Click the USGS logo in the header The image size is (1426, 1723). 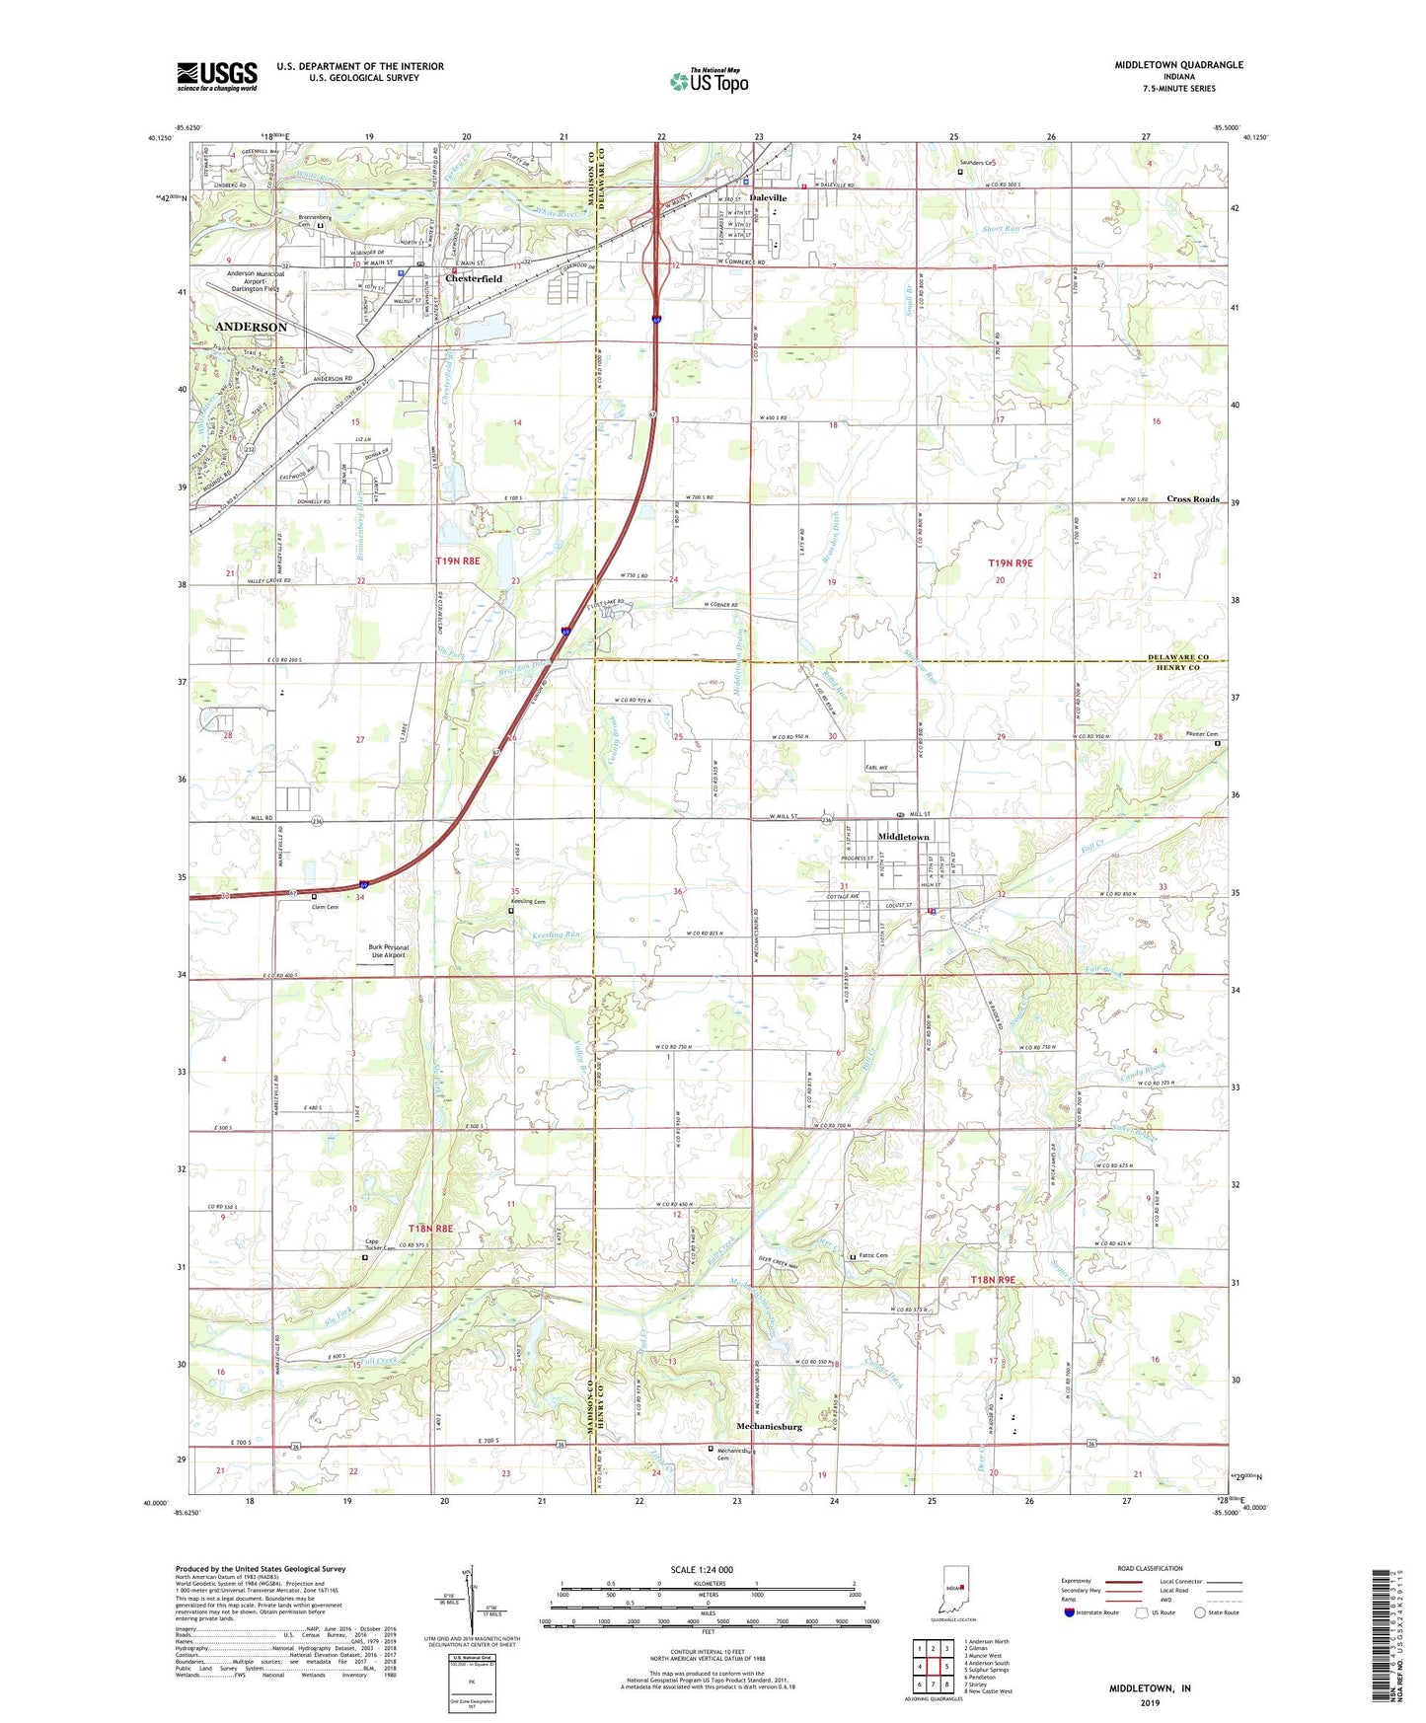pyautogui.click(x=217, y=76)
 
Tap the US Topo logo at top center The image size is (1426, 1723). pyautogui.click(x=709, y=81)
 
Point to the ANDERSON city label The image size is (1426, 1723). pyautogui.click(x=252, y=327)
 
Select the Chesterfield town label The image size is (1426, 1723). pyautogui.click(x=474, y=279)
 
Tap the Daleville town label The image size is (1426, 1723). pyautogui.click(x=768, y=197)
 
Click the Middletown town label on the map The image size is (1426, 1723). pyautogui.click(x=903, y=837)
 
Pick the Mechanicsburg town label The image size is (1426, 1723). pyautogui.click(x=770, y=1427)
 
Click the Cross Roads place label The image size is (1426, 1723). pyautogui.click(x=1193, y=499)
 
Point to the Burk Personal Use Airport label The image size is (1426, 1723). pyautogui.click(x=389, y=951)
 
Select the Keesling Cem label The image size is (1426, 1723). pyautogui.click(x=528, y=901)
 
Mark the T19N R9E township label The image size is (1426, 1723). pyautogui.click(x=1010, y=562)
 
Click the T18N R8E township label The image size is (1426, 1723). pyautogui.click(x=430, y=1229)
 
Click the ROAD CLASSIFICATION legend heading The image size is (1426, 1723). pyautogui.click(x=1151, y=1568)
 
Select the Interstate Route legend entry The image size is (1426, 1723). pyautogui.click(x=1096, y=1612)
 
